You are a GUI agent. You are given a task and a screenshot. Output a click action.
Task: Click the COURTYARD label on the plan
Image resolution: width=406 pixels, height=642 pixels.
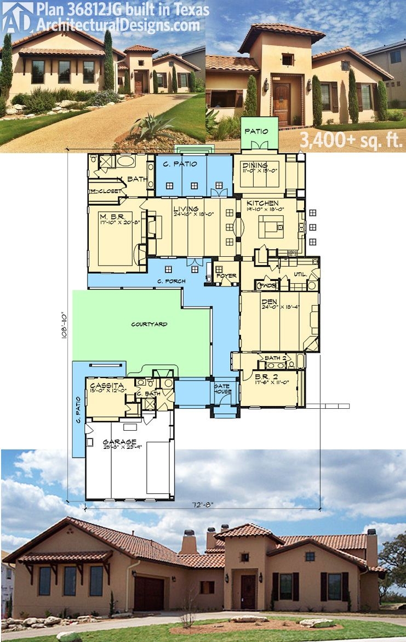point(149,324)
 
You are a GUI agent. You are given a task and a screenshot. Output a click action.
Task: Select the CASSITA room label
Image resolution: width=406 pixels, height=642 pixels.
point(102,385)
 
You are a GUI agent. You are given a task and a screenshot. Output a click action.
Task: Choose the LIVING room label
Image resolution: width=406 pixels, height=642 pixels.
point(182,209)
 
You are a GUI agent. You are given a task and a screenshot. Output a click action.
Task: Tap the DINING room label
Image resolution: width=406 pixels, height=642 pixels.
point(256,165)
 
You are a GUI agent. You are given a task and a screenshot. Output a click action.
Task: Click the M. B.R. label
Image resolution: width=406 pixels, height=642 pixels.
point(107,216)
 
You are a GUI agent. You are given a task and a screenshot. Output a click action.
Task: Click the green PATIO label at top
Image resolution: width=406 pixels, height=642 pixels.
point(255,131)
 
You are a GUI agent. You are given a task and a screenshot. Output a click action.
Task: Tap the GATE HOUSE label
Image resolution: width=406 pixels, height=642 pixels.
point(222,388)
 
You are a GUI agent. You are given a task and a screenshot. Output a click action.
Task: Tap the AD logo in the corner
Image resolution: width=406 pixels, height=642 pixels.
point(16,16)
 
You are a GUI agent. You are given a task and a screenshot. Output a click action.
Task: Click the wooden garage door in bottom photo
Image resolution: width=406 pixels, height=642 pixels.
point(148,593)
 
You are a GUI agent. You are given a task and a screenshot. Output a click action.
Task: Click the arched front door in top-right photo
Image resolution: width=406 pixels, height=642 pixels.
point(282,103)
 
